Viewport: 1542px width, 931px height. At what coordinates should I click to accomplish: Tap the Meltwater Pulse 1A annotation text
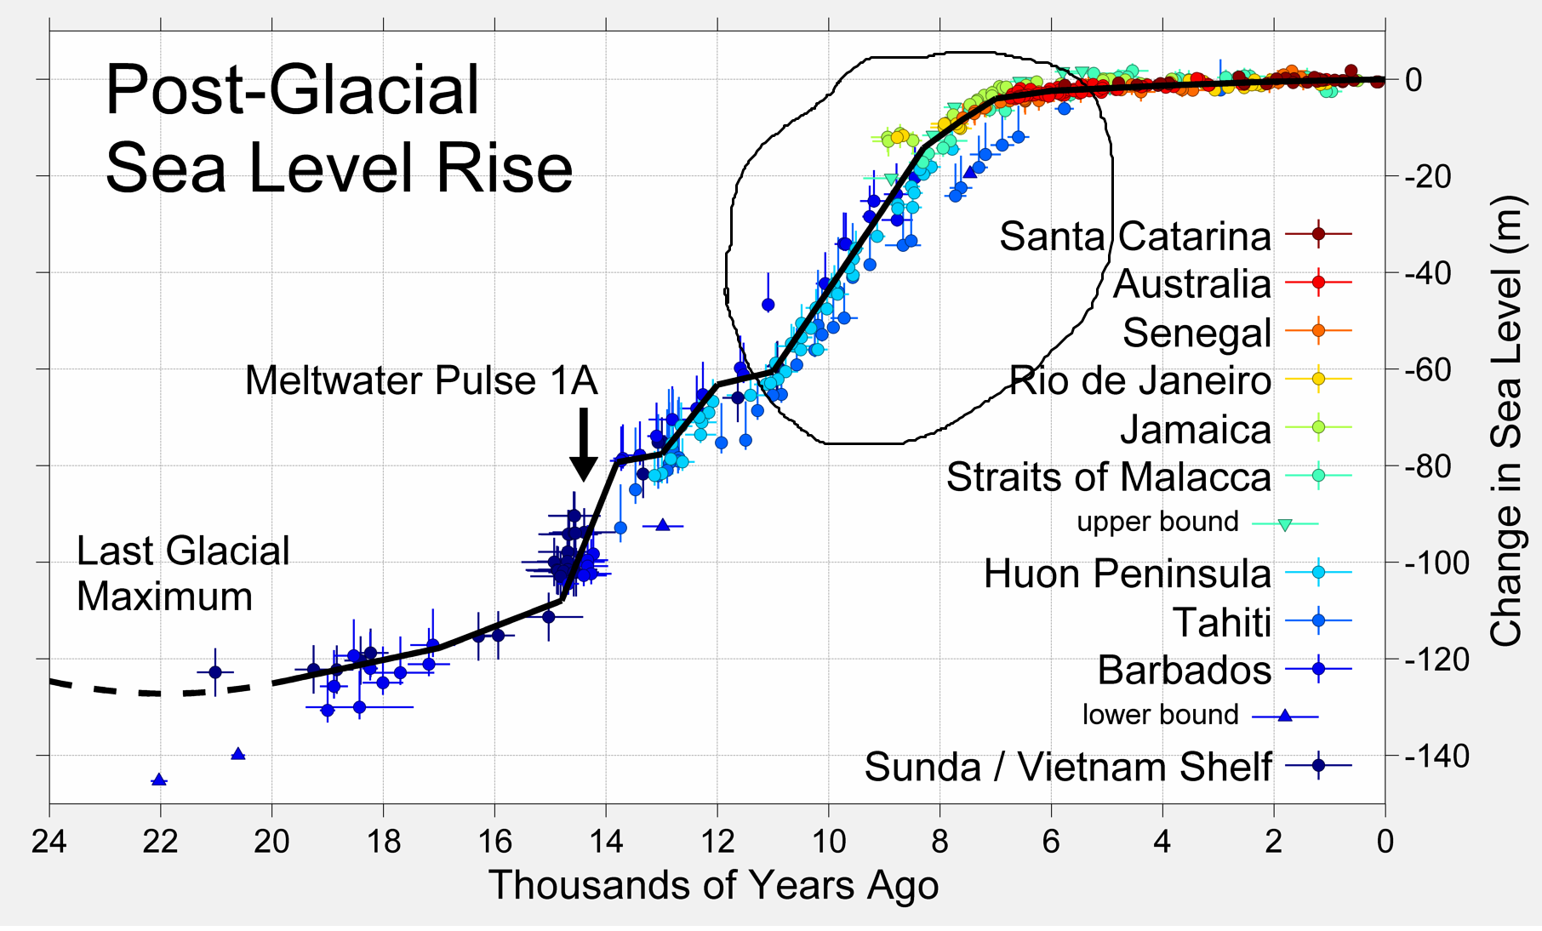click(x=421, y=380)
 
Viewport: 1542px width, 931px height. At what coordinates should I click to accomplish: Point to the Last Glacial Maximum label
click(x=183, y=574)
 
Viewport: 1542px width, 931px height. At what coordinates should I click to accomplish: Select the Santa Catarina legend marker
click(x=1318, y=234)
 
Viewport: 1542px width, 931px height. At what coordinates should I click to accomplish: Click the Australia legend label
click(x=1191, y=284)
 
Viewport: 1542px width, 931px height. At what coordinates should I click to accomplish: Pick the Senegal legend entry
click(x=1196, y=333)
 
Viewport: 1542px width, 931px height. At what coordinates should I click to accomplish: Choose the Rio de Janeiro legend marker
click(x=1318, y=379)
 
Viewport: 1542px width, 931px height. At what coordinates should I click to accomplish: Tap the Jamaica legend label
click(x=1195, y=429)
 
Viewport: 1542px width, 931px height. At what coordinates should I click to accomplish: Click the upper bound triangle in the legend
click(x=1285, y=524)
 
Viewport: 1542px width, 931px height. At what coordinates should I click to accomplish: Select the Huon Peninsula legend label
click(x=1127, y=574)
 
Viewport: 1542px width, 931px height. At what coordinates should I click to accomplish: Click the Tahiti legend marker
click(x=1318, y=621)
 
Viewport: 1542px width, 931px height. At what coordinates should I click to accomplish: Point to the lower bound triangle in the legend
click(x=1285, y=716)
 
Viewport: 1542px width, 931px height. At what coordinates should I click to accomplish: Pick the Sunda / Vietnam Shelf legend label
click(x=1068, y=767)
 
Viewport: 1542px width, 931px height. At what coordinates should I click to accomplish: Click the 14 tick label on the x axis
click(x=606, y=842)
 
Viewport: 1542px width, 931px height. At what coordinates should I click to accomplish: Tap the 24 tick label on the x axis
click(x=49, y=842)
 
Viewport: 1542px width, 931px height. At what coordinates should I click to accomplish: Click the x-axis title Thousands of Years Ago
click(x=713, y=885)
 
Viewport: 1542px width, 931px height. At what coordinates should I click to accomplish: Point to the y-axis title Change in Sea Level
click(x=1506, y=420)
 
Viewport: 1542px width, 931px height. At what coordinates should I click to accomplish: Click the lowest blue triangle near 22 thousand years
click(x=159, y=780)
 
